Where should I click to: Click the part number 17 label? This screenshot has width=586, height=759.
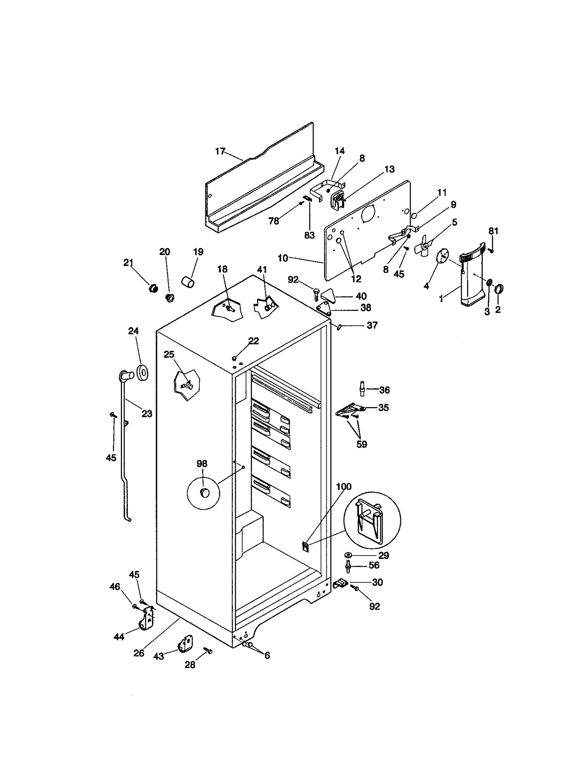(220, 151)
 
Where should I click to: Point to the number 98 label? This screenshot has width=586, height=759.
(202, 464)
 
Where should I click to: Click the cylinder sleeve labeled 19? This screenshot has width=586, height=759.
(188, 282)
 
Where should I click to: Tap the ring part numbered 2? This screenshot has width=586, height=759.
(499, 289)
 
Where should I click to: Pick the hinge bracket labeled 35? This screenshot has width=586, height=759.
(350, 410)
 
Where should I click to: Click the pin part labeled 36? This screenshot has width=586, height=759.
(362, 388)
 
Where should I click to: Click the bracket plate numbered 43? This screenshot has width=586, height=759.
(185, 643)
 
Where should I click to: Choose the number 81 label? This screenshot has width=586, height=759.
(493, 231)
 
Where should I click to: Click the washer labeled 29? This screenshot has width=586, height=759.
(348, 556)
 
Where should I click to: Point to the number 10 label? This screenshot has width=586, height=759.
(282, 258)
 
